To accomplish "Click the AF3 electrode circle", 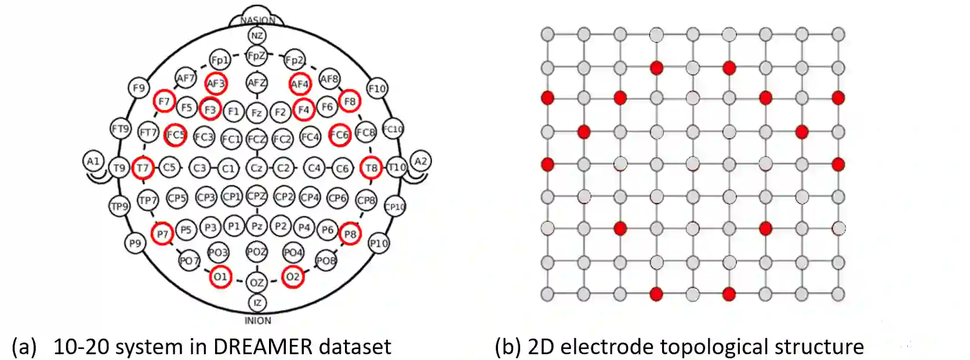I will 216,83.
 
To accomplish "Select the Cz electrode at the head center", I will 256,168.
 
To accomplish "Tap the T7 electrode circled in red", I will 142,168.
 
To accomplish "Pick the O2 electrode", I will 293,277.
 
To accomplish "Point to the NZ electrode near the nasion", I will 257,36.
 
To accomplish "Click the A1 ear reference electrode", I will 93,161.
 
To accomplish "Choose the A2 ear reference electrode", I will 421,161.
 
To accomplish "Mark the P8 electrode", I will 350,234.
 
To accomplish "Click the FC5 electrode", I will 175,135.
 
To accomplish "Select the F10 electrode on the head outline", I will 377,89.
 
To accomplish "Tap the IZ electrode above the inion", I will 257,303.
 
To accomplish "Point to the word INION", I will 257,321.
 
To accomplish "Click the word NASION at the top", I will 257,20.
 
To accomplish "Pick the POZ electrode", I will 257,252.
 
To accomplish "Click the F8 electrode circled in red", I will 350,101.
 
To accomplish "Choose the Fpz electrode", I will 256,56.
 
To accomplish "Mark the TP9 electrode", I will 119,206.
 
